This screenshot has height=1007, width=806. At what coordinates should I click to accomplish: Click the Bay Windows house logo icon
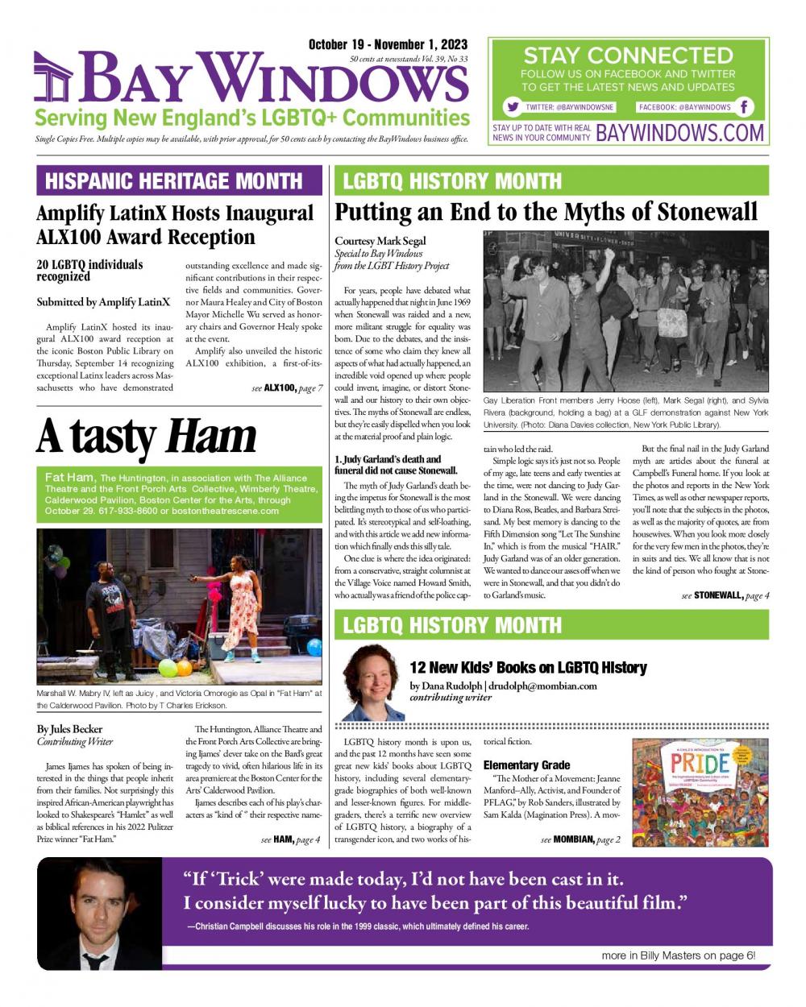pyautogui.click(x=52, y=79)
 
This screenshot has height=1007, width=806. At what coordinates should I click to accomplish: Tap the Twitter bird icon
pyautogui.click(x=512, y=107)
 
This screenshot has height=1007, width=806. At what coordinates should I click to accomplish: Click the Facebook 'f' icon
pyautogui.click(x=746, y=107)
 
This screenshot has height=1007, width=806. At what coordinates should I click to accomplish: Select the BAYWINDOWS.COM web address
pyautogui.click(x=679, y=133)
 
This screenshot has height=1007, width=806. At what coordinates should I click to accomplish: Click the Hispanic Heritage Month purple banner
pyautogui.click(x=179, y=180)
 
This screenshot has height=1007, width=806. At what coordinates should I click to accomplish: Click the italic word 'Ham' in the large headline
pyautogui.click(x=210, y=436)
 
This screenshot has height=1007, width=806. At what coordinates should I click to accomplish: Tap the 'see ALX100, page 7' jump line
pyautogui.click(x=287, y=388)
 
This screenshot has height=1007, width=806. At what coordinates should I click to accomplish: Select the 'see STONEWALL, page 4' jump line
pyautogui.click(x=725, y=595)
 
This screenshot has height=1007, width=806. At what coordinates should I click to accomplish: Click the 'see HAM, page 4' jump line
pyautogui.click(x=290, y=840)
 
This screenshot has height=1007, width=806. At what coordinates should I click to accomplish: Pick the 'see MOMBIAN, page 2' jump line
pyautogui.click(x=580, y=840)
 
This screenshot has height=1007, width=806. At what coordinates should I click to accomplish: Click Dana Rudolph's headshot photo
pyautogui.click(x=373, y=682)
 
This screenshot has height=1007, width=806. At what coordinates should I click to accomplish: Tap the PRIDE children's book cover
pyautogui.click(x=700, y=793)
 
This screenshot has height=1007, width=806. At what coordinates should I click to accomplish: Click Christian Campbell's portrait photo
pyautogui.click(x=99, y=914)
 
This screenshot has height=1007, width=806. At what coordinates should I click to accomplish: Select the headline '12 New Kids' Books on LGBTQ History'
pyautogui.click(x=528, y=667)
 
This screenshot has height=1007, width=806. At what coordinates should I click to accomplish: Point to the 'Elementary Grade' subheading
pyautogui.click(x=526, y=765)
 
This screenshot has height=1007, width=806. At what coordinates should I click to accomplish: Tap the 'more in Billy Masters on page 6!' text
pyautogui.click(x=678, y=955)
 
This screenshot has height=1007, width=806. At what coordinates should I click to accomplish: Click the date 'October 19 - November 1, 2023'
pyautogui.click(x=388, y=45)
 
